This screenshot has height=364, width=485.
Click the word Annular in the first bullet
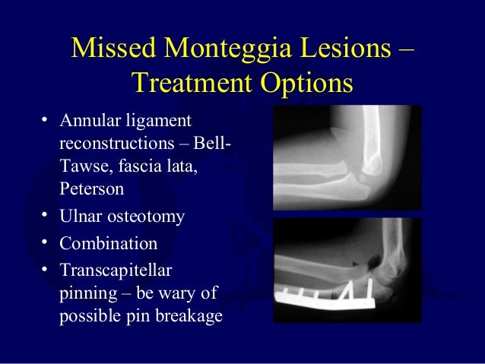[x=89, y=122]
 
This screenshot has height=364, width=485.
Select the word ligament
[x=157, y=122]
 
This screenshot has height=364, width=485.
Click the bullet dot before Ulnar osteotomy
[x=46, y=216]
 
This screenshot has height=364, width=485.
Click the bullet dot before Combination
[x=46, y=243]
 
